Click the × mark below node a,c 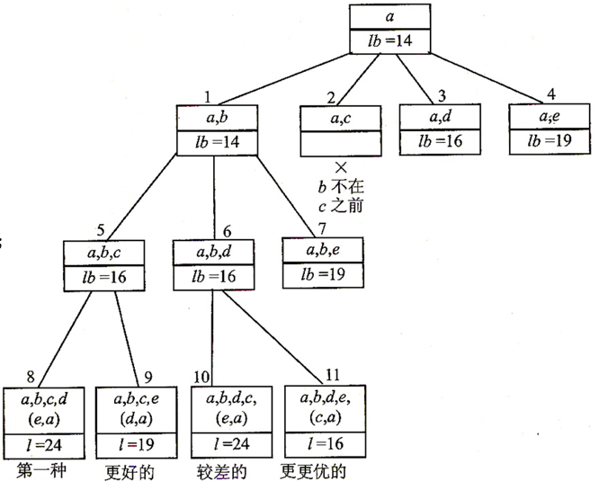(339, 167)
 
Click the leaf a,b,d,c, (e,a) (229, 410)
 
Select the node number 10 (203, 377)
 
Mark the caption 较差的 (221, 470)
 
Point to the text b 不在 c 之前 (339, 195)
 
